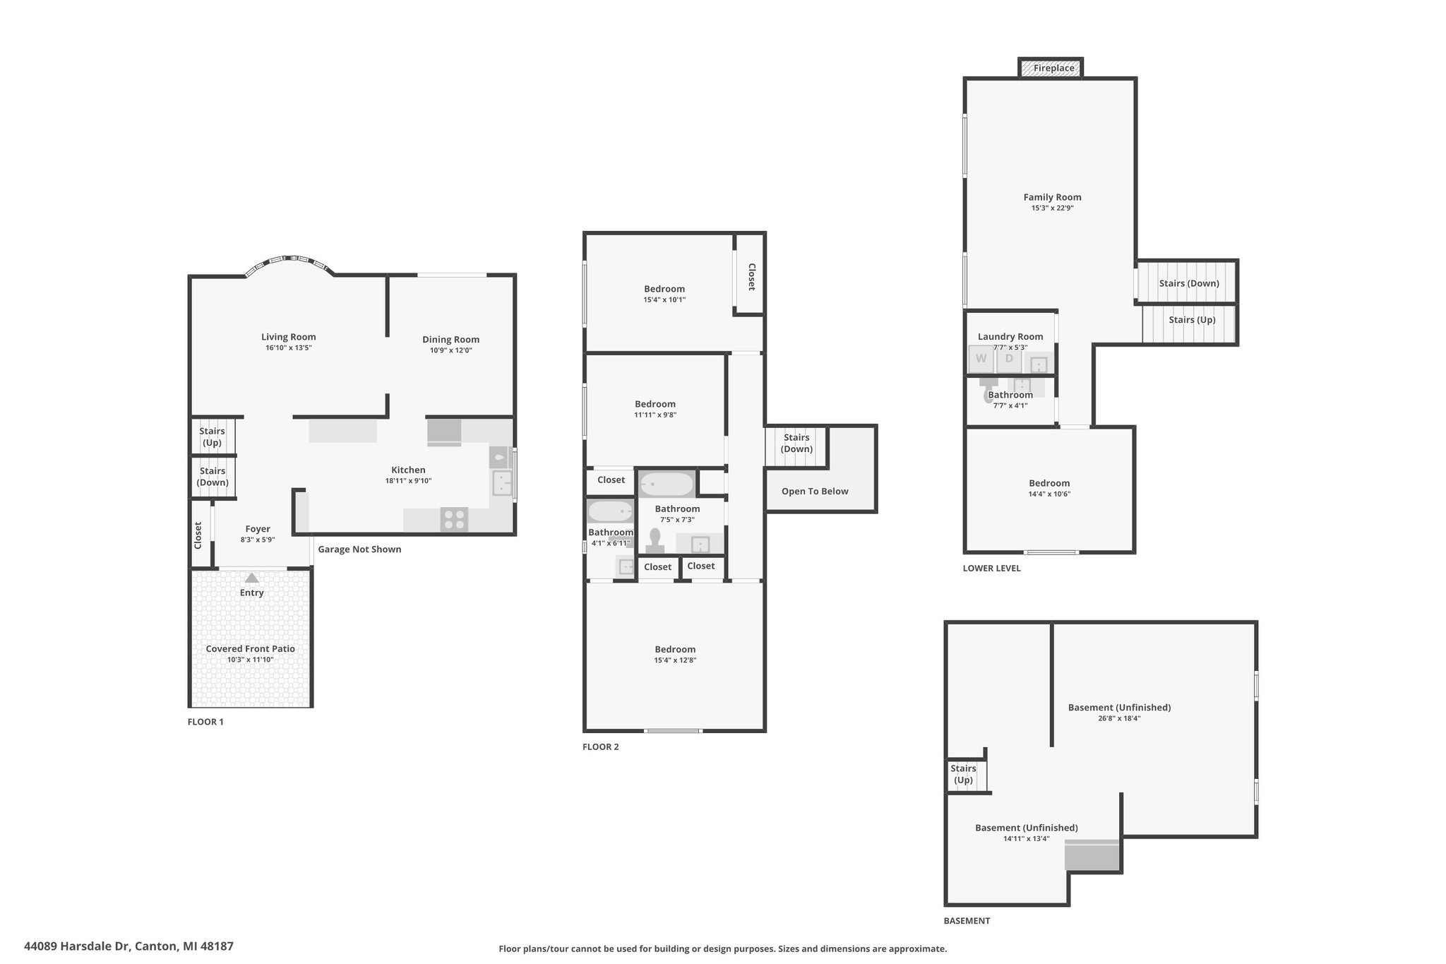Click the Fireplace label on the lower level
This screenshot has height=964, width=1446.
[x=1053, y=69]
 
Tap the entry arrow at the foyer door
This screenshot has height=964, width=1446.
[x=251, y=577]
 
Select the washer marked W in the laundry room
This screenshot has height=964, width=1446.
[x=981, y=359]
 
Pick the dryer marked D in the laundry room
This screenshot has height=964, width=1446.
[x=1009, y=359]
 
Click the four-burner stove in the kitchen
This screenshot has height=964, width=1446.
[x=454, y=520]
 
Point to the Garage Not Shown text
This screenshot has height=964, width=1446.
[x=359, y=549]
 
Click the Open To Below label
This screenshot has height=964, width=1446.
[x=815, y=492]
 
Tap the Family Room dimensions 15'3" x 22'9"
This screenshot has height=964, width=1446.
[x=1052, y=208]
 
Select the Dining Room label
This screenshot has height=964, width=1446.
[x=450, y=340]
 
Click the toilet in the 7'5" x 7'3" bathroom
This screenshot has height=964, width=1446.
[x=655, y=540]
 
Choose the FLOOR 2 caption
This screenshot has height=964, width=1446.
[x=600, y=747]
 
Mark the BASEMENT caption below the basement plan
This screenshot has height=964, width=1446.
[x=967, y=921]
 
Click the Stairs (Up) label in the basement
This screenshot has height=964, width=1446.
[x=963, y=774]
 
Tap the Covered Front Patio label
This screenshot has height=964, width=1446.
[x=251, y=649]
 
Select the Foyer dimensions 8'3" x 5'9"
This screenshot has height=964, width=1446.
[x=258, y=540]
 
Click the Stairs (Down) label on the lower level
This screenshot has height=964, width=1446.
[x=1189, y=284]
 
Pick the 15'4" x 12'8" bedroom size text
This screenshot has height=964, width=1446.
[x=675, y=660]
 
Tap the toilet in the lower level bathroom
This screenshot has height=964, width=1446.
[x=988, y=391]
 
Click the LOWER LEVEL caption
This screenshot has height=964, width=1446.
[x=991, y=569]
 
